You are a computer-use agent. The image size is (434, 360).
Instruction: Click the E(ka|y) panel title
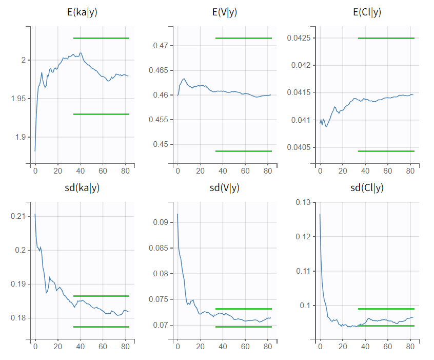click(81, 12)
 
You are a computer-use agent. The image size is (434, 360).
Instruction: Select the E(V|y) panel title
click(225, 12)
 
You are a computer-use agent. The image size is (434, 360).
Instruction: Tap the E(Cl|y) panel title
click(367, 12)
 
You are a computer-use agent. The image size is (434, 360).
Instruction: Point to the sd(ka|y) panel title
click(81, 187)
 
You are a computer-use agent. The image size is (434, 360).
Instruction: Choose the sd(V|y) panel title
click(225, 187)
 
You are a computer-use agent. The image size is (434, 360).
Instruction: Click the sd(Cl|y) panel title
click(367, 187)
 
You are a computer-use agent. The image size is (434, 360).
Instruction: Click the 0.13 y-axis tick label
click(303, 202)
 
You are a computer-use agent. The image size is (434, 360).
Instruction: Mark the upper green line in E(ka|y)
click(101, 38)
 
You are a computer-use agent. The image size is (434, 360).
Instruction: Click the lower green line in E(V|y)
click(243, 151)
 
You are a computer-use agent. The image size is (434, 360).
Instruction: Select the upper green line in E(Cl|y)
click(386, 38)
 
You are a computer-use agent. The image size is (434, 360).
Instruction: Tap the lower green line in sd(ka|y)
click(101, 327)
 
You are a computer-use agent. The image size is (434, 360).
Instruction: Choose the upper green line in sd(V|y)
click(243, 309)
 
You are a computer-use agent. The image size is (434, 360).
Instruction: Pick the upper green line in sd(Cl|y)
click(386, 309)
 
